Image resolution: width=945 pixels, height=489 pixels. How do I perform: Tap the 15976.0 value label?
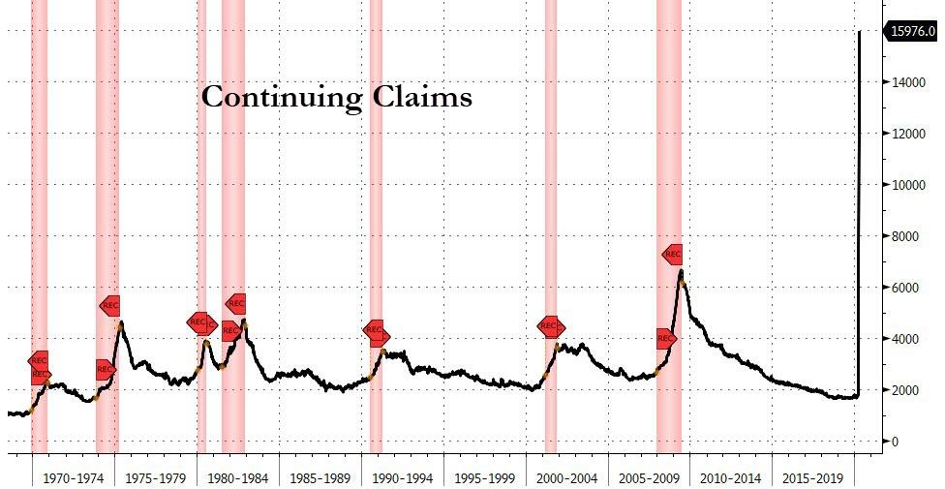[x=912, y=32]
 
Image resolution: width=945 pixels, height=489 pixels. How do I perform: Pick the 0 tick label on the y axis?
[x=895, y=442]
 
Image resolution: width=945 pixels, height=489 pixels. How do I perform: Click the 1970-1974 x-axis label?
[x=73, y=478]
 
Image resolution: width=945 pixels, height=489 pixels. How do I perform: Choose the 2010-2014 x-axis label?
[x=732, y=478]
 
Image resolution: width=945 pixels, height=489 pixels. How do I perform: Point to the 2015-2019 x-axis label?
[x=814, y=478]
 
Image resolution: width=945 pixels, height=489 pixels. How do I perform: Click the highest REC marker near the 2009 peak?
[x=673, y=254]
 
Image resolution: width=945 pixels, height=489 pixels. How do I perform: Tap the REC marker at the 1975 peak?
[x=109, y=305]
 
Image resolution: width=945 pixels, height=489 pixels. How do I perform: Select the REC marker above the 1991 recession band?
[x=376, y=330]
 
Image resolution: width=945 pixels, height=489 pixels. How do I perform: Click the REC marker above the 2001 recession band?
[x=551, y=327]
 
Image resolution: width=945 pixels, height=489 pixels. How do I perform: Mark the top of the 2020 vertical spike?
[x=861, y=32]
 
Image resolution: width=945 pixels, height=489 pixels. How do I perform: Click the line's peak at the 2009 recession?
[x=682, y=271]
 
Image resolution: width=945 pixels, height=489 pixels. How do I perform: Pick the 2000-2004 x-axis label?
[x=567, y=478]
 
